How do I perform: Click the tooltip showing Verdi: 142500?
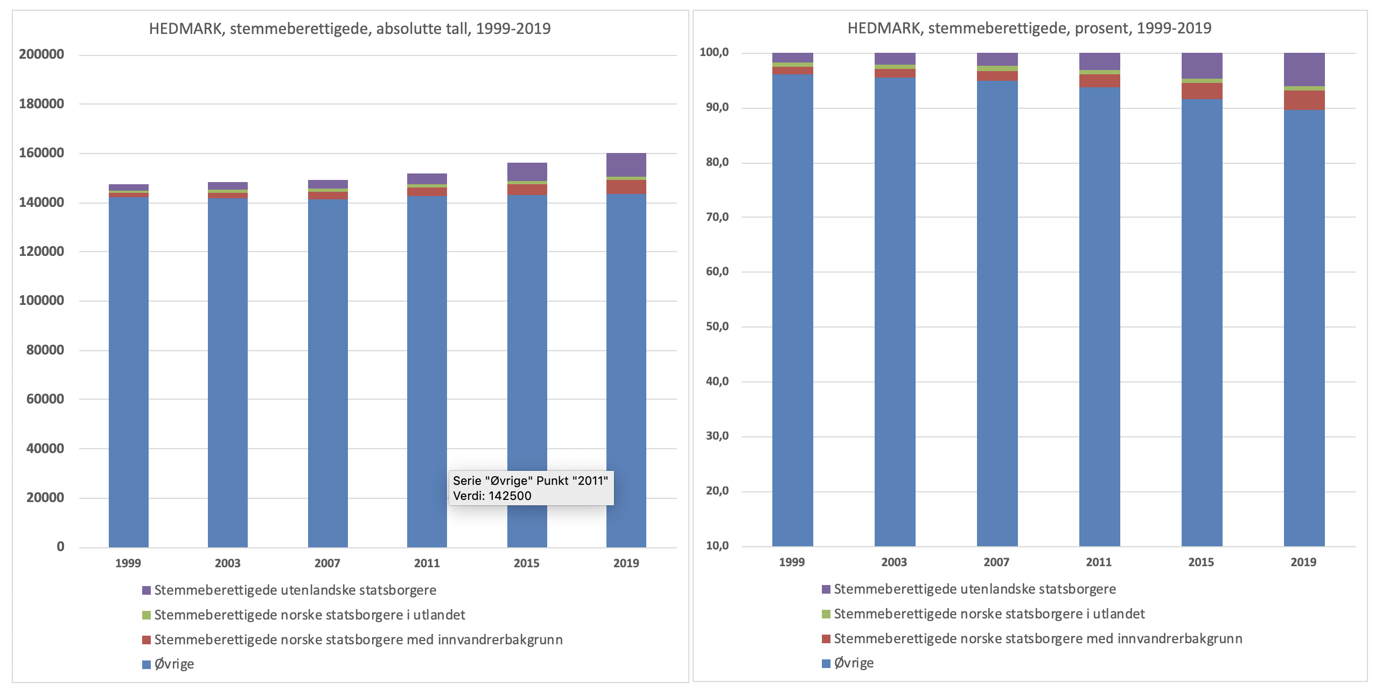(x=531, y=488)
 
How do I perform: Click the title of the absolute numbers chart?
(x=350, y=29)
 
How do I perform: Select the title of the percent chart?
(x=1029, y=28)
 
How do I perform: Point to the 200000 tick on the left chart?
(x=41, y=54)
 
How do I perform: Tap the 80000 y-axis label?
(x=45, y=350)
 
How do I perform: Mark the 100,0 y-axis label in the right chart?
(x=713, y=53)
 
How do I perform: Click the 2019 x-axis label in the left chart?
(x=626, y=563)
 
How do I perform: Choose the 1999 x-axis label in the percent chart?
(x=792, y=562)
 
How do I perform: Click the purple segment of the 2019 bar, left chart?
(x=626, y=165)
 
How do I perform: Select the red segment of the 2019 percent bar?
(x=1304, y=100)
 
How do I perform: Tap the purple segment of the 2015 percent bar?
(x=1202, y=66)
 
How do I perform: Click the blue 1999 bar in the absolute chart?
(x=129, y=372)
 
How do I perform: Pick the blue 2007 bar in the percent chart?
(x=997, y=312)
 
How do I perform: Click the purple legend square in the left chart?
(x=146, y=590)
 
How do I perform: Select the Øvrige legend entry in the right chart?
(x=853, y=663)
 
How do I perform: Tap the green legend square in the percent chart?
(x=826, y=615)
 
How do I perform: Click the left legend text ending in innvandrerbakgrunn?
(x=358, y=639)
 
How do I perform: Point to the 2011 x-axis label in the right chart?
(x=1099, y=562)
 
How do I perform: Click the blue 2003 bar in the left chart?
(x=228, y=372)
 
